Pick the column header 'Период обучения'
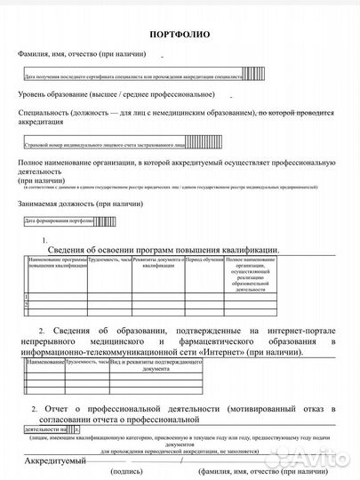204,260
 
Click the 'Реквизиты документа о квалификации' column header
159,262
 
